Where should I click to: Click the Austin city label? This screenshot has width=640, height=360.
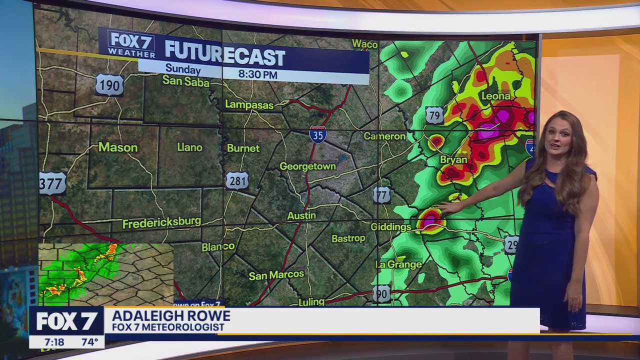click(301, 215)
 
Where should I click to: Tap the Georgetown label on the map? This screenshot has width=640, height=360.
click(307, 166)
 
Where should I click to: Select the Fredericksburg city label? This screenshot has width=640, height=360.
click(161, 222)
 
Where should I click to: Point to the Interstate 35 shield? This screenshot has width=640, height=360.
click(318, 134)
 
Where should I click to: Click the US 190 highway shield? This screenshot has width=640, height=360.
click(109, 85)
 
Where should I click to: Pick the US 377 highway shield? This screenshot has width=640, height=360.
click(52, 183)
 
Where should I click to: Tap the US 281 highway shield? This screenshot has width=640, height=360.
click(237, 180)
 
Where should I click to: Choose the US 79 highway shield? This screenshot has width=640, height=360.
click(434, 115)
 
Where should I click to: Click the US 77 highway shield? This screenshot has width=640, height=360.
click(381, 195)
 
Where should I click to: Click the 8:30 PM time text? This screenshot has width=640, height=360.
click(257, 75)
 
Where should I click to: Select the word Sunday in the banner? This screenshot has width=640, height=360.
click(182, 70)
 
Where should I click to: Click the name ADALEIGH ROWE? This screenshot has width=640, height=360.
click(170, 316)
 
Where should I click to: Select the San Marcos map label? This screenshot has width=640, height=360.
click(276, 275)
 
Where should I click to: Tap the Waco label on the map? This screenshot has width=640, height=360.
click(364, 44)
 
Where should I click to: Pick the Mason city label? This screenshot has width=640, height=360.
click(118, 147)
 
